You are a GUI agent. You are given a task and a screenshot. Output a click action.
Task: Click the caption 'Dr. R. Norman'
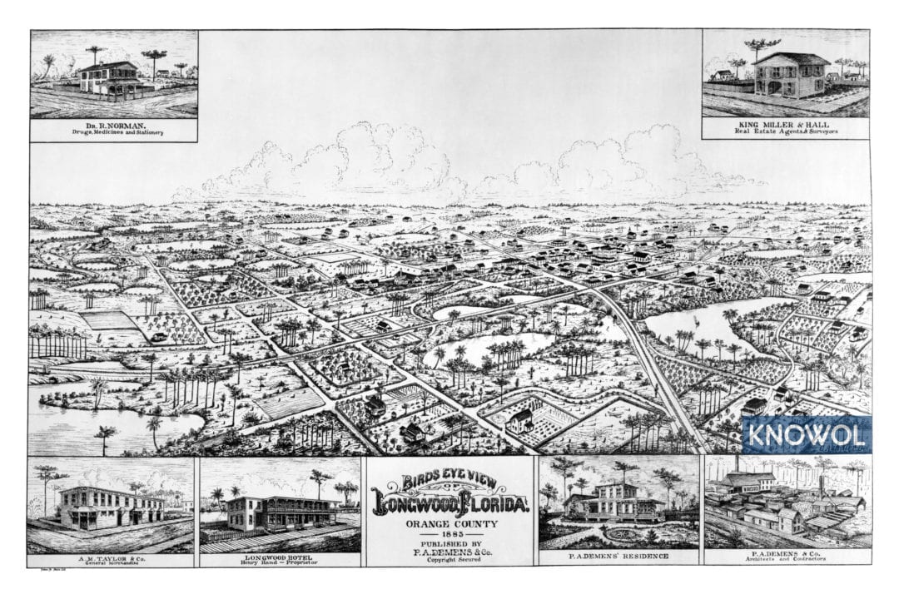coord(113,125)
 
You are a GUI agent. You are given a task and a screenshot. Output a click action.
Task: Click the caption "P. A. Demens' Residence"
coord(618,555)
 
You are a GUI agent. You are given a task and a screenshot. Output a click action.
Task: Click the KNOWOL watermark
coord(806,434)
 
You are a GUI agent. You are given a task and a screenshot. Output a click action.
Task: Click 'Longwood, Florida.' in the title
coord(449,503)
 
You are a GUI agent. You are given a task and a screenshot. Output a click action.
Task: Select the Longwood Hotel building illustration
coord(279,511)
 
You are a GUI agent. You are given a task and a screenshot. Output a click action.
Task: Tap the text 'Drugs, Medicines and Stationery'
coord(113,132)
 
